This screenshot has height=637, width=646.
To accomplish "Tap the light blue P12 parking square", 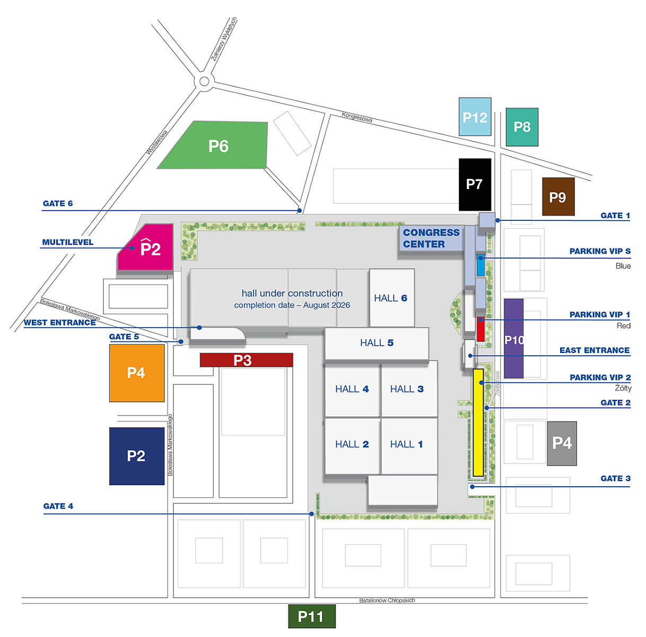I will coord(475,117).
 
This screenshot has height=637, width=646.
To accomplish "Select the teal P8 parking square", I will coord(522,127).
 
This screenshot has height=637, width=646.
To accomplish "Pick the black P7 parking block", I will coord(475,184).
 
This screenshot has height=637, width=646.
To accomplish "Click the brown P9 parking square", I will coord(558,197).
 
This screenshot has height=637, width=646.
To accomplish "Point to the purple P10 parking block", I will coord(513,339).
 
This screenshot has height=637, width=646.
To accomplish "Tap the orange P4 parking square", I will coord(136,373).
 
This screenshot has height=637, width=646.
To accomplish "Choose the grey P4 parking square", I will coord(562,443).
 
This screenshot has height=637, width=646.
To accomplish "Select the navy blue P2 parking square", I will coord(136,456).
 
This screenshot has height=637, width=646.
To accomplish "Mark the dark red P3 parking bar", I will coord(246,360).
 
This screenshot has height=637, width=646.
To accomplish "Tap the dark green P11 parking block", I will coord(311,616).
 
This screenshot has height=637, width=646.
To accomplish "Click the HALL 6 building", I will coord(391,298).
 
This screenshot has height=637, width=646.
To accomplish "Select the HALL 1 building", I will coord(407,444).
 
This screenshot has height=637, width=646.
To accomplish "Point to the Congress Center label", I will coord(431,238).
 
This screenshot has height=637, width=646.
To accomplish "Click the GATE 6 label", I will coord(58,203).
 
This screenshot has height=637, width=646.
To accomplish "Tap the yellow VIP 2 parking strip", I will coord(478,423).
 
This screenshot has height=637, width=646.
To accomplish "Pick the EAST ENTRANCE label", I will coord(595,350).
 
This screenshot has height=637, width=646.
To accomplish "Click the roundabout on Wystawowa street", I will coord(204,81).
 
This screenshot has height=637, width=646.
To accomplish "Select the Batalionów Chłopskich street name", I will coord(387,600).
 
